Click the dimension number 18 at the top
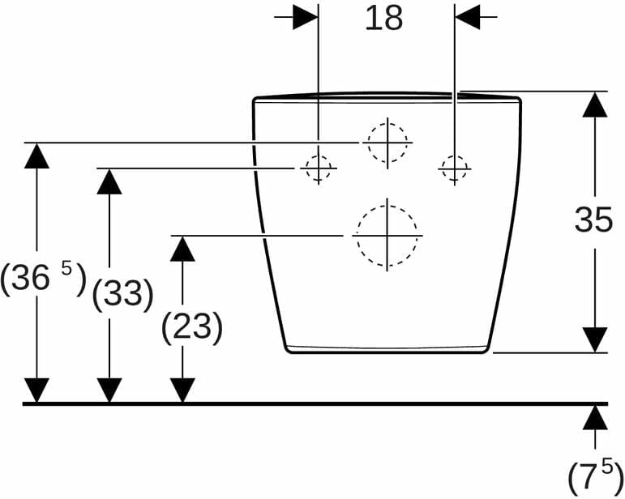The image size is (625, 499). [x=384, y=19]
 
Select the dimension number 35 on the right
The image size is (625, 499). [x=593, y=220]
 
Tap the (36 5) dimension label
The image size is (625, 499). [x=43, y=279]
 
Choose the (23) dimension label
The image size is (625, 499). [x=192, y=328]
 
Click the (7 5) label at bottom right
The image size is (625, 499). [x=596, y=476]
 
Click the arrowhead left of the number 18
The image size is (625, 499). [x=306, y=17]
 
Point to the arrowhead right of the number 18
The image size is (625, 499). [x=468, y=17]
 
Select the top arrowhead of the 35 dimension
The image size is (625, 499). [x=595, y=104]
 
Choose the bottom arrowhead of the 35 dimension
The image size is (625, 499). [x=595, y=339]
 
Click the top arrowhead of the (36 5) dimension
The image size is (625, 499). [x=36, y=156]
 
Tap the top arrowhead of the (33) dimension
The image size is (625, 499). [x=109, y=181]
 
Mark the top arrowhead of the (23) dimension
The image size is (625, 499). [x=182, y=249]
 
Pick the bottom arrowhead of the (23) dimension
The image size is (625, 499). [x=182, y=390]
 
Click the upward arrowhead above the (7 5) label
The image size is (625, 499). [x=595, y=417]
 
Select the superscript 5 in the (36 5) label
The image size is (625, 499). [x=66, y=269]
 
